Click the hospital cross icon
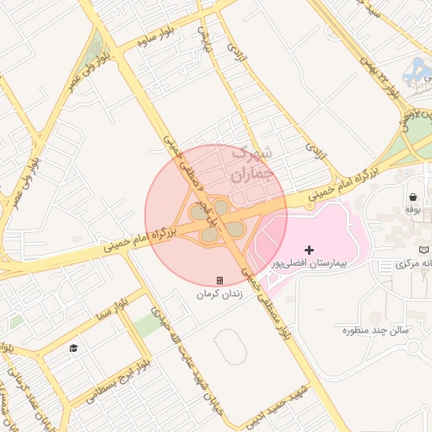coord(310,250)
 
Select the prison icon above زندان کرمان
coord(219,280)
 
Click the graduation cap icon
coord(73,348)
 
